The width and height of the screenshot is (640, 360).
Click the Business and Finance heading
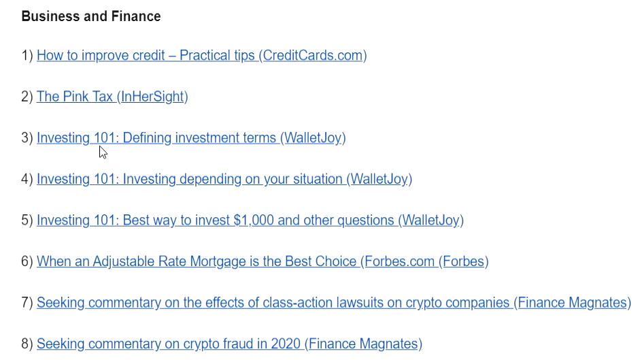point(91,16)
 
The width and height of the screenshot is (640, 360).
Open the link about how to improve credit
point(201,56)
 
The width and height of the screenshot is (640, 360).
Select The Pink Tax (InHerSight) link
point(112,97)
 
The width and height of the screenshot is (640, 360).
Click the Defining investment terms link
point(191,138)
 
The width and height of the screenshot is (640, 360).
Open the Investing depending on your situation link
point(224,180)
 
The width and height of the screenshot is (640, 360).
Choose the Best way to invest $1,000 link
point(250,220)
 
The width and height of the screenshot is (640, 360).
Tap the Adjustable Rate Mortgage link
point(263,261)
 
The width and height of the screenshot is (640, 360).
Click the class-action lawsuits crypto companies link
point(334,303)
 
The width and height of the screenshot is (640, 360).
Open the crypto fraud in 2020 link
point(229,344)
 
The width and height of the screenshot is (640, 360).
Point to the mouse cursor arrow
point(103,152)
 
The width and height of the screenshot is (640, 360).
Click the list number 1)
point(27,56)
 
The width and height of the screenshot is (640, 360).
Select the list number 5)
point(27,220)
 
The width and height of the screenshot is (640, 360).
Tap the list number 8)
point(27,344)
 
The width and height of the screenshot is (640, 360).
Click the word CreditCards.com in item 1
point(312,56)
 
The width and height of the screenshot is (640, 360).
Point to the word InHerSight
point(152,97)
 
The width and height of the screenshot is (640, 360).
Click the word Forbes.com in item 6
point(400,261)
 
